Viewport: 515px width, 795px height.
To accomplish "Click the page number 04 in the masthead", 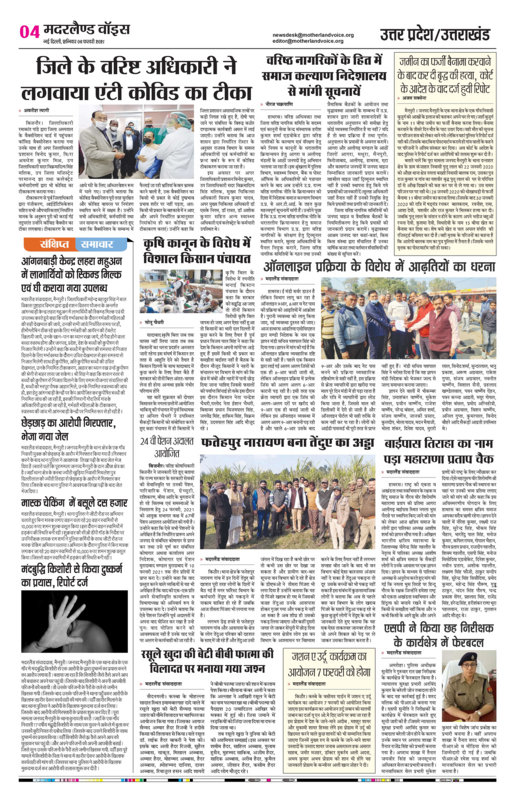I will click(29, 32).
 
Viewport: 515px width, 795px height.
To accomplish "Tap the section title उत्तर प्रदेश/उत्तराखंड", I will click(435, 35).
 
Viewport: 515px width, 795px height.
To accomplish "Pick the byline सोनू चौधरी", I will click(158, 320).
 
